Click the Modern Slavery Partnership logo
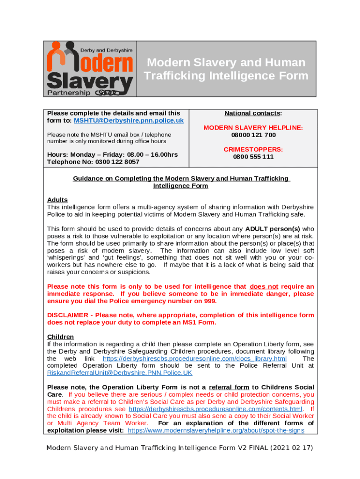click(90, 68)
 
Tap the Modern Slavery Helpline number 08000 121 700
click(253, 135)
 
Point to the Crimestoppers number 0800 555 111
click(253, 157)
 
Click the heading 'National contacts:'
click(253, 113)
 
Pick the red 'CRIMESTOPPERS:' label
click(253, 149)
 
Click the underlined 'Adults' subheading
click(58, 200)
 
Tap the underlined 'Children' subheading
click(61, 337)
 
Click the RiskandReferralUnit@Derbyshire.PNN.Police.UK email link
click(120, 373)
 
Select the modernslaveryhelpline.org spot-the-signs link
click(216, 430)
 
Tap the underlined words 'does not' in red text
click(264, 286)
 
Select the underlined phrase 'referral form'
click(229, 387)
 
